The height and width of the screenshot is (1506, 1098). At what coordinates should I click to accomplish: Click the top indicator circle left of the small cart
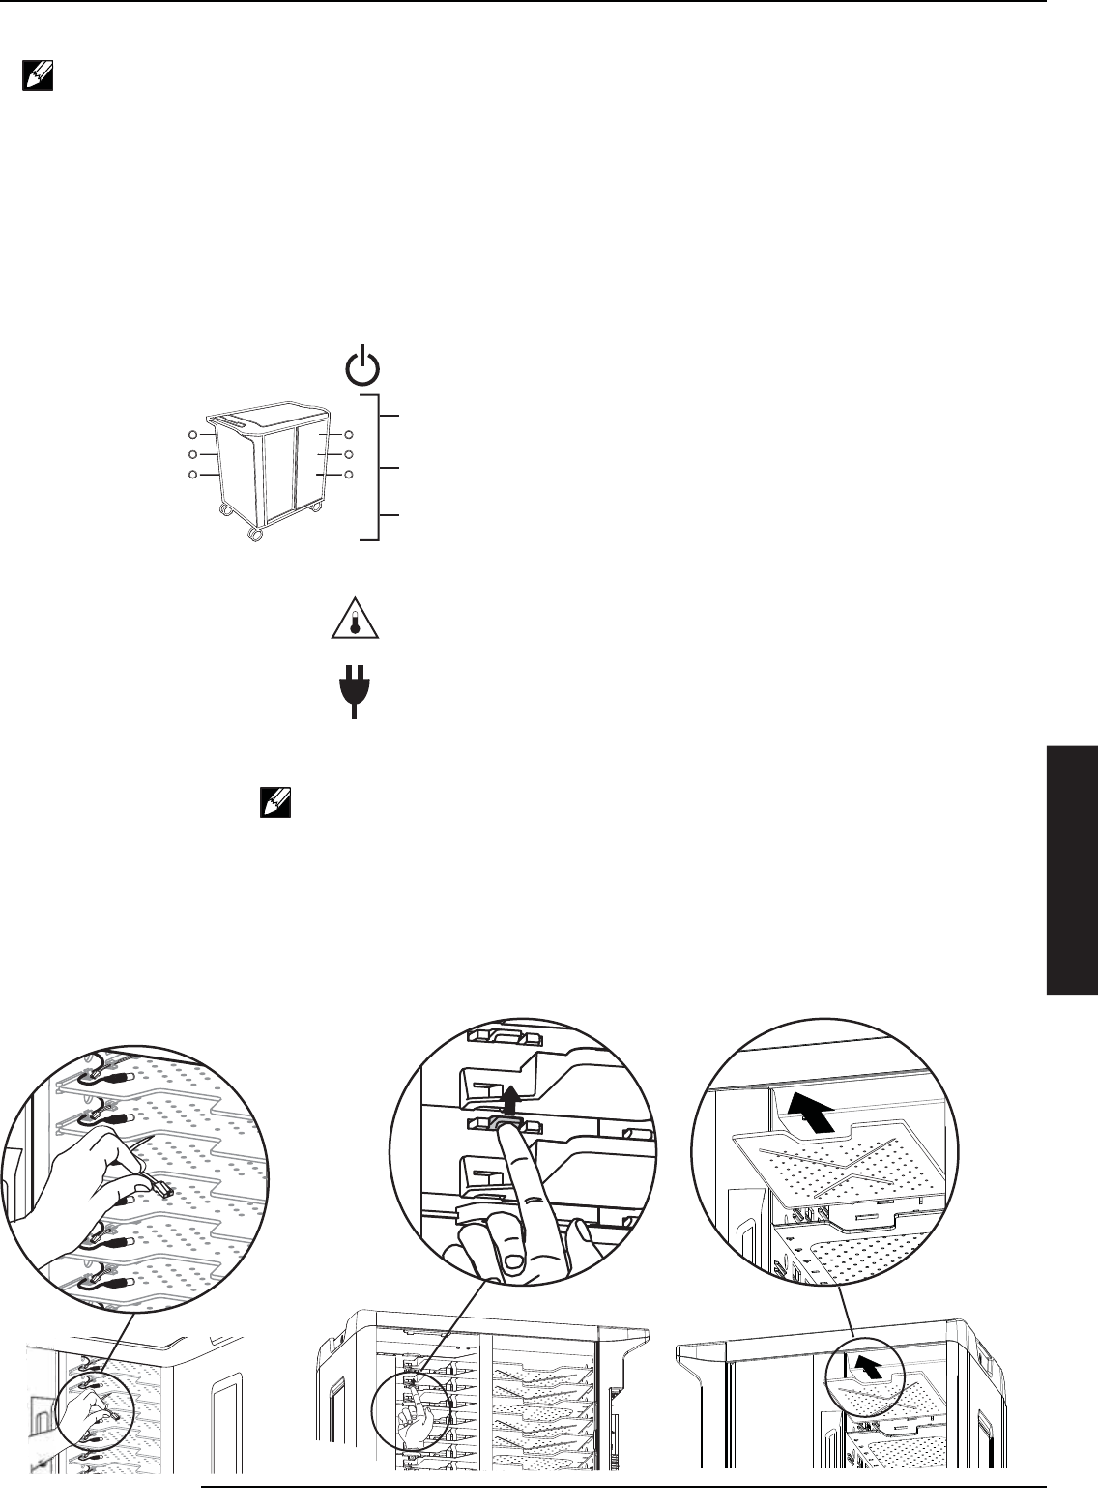(193, 436)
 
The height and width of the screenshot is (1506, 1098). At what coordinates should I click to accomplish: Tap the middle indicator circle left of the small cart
(193, 454)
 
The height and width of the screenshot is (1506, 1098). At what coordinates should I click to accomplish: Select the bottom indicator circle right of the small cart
(349, 475)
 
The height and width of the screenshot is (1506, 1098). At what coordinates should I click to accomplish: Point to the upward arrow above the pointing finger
(509, 1093)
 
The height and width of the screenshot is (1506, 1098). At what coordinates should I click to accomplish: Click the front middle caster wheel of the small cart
(255, 533)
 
